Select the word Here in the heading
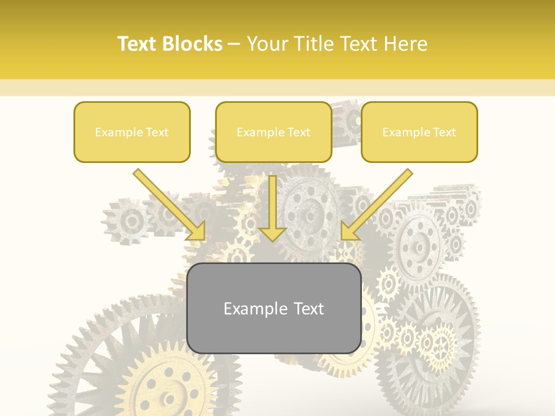click(405, 44)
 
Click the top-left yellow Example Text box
click(132, 132)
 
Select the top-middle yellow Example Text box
click(273, 132)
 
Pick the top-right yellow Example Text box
click(419, 132)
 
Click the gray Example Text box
click(273, 309)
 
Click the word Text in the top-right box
click(444, 132)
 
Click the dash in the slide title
click(234, 44)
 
